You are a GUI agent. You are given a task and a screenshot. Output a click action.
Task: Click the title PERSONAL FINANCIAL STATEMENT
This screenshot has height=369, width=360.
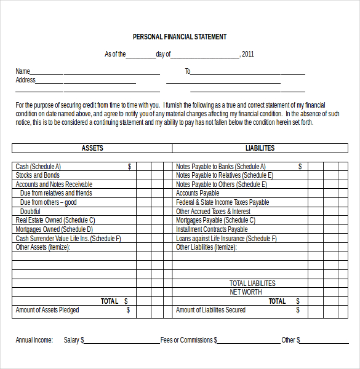pyautogui.click(x=180, y=37)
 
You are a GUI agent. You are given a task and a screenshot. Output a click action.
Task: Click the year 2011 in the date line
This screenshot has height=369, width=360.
pyautogui.click(x=248, y=54)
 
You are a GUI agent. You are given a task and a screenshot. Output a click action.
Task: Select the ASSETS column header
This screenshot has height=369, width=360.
pyautogui.click(x=92, y=148)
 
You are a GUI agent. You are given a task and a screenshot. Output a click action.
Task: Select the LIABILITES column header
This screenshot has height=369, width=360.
pyautogui.click(x=260, y=148)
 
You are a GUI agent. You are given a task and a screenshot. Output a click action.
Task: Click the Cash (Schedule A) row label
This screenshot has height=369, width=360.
pyautogui.click(x=38, y=167)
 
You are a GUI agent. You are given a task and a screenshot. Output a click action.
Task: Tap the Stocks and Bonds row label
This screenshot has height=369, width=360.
pyautogui.click(x=38, y=175)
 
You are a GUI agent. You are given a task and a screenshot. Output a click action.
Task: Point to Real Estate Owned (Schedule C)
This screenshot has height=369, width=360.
pyautogui.click(x=55, y=220)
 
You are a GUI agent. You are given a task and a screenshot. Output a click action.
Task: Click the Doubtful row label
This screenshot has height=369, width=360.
pyautogui.click(x=30, y=212)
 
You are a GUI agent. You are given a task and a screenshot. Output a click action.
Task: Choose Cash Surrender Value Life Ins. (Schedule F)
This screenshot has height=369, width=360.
pyautogui.click(x=68, y=239)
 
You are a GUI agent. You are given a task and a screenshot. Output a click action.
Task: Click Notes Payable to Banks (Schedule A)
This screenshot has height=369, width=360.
pyautogui.click(x=220, y=167)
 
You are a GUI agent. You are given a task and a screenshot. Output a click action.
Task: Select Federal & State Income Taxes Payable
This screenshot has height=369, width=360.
pyautogui.click(x=222, y=202)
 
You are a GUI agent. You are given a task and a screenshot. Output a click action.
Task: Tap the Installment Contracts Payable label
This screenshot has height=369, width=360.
pyautogui.click(x=212, y=229)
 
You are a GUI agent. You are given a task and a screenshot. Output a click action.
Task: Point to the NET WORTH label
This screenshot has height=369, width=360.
pyautogui.click(x=246, y=292)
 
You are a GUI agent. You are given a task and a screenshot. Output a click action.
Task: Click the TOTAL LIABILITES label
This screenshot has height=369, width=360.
pyautogui.click(x=252, y=284)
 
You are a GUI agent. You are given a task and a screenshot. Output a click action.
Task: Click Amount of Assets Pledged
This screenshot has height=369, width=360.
pyautogui.click(x=47, y=310)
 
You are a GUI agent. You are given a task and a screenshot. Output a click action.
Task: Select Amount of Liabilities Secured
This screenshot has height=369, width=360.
pyautogui.click(x=210, y=310)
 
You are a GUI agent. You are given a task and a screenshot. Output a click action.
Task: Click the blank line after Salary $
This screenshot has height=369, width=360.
pyautogui.click(x=122, y=341)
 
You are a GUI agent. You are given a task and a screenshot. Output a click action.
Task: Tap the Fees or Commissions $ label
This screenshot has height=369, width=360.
pyautogui.click(x=188, y=340)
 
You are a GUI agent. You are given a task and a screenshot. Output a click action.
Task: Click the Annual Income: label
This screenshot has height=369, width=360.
pyautogui.click(x=34, y=340)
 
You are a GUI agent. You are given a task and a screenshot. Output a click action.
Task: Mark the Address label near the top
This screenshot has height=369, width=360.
pyautogui.click(x=25, y=80)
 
